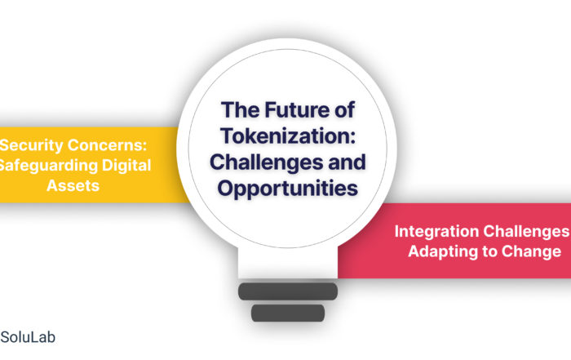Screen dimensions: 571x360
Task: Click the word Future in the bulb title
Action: pyautogui.click(x=297, y=109)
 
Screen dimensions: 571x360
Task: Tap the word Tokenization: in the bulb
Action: pyautogui.click(x=288, y=136)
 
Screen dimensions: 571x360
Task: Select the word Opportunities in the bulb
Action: pyautogui.click(x=288, y=189)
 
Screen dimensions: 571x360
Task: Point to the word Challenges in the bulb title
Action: pyautogui.click(x=266, y=162)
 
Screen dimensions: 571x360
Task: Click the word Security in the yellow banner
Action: pyautogui.click(x=31, y=145)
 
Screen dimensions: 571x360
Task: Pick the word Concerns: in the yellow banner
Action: pyautogui.click(x=108, y=145)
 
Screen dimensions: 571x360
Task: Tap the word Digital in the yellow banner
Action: pyautogui.click(x=126, y=166)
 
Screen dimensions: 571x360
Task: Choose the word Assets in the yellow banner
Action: pyautogui.click(x=73, y=186)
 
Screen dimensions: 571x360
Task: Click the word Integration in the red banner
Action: pyautogui.click(x=436, y=232)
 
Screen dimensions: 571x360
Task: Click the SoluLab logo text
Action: pyautogui.click(x=28, y=337)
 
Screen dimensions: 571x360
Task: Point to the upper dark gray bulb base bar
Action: pyautogui.click(x=288, y=291)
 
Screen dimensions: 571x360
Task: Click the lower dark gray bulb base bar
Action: pyautogui.click(x=288, y=313)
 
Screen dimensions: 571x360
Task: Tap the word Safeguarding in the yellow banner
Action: pyautogui.click(x=48, y=166)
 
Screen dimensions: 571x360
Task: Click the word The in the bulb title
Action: pyautogui.click(x=241, y=109)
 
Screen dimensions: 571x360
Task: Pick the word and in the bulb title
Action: pyautogui.click(x=347, y=162)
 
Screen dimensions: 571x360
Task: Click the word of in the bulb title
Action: pyautogui.click(x=344, y=109)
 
